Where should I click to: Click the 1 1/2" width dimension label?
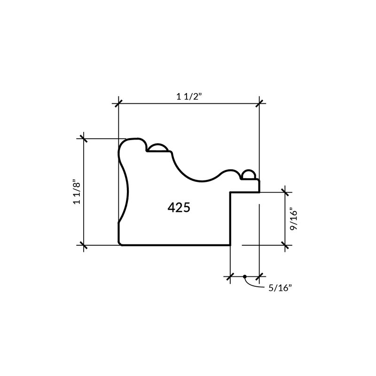[189, 96]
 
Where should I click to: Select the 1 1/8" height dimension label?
[77, 192]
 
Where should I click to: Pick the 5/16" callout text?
[280, 288]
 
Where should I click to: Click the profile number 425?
[179, 207]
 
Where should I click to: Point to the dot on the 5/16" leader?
[244, 276]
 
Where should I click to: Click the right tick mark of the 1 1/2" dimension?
[259, 103]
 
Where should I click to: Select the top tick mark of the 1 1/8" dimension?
[84, 139]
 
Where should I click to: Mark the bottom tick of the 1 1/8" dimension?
[84, 245]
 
